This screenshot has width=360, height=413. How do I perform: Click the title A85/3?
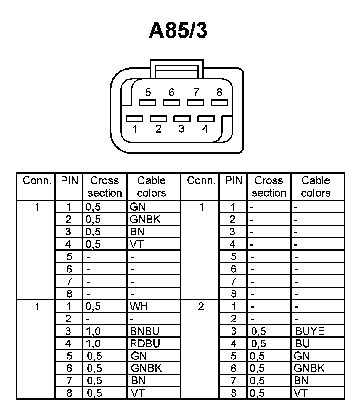pos(178,30)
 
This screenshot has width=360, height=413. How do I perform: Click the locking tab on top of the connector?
pos(177,69)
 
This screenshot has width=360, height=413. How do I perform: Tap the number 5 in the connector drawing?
pos(148,93)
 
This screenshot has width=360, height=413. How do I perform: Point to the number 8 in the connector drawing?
pos(219,93)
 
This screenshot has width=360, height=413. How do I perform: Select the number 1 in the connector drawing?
pos(135,129)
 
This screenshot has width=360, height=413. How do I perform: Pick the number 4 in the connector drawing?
pos(205,129)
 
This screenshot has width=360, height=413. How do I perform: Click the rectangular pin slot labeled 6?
pos(171,103)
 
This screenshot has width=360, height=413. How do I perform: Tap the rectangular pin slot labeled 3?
pos(182,118)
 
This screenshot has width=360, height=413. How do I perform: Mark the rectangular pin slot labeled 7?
pos(195,103)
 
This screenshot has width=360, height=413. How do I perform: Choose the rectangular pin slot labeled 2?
pos(158,118)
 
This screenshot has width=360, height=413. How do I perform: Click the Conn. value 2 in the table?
pos(201,306)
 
